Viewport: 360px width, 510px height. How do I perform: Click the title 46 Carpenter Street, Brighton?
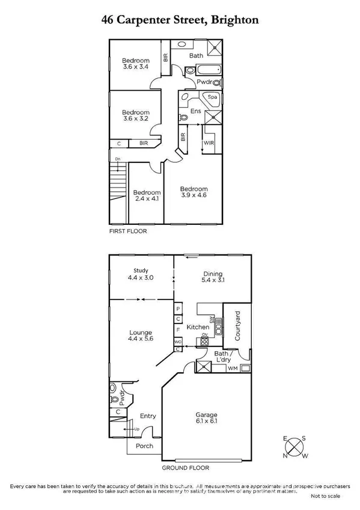tap(180, 20)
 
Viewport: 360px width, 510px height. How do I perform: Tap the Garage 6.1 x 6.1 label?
tap(206, 419)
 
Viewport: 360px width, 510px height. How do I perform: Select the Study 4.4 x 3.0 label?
tap(141, 275)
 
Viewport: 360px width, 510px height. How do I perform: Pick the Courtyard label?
tap(238, 325)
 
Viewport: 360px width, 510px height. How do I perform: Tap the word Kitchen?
tap(198, 327)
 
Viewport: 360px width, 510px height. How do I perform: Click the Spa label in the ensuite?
tap(212, 97)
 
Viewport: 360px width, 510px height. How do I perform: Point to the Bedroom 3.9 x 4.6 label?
tap(194, 192)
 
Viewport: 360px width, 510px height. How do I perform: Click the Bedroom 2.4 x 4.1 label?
tap(147, 195)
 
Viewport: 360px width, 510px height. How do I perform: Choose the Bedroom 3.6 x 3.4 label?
tap(136, 64)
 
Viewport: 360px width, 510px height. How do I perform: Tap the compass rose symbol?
tap(295, 447)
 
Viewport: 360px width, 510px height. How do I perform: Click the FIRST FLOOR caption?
tap(127, 231)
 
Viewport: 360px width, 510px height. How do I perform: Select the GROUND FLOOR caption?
tap(186, 467)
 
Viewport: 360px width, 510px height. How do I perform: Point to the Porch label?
tap(144, 446)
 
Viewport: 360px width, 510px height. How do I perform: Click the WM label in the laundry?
tap(232, 368)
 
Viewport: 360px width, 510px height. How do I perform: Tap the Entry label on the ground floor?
tap(148, 416)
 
